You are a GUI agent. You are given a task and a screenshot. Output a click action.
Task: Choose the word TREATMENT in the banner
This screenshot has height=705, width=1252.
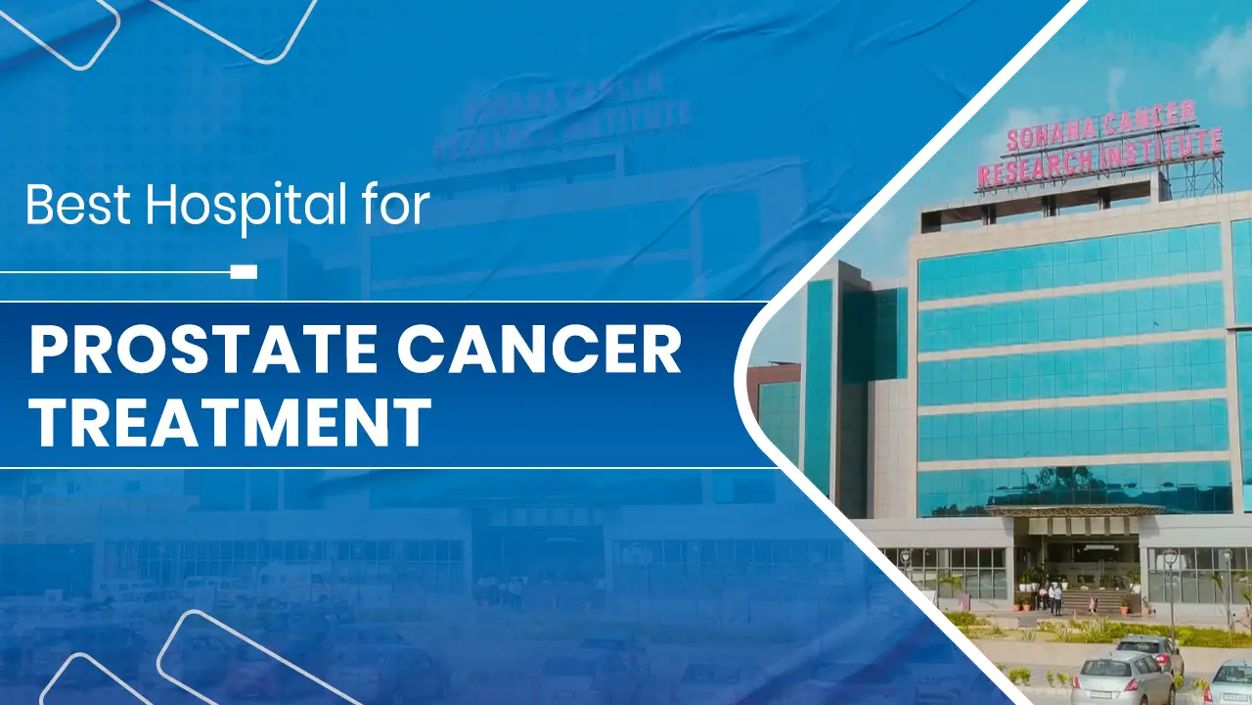pyautogui.click(x=230, y=421)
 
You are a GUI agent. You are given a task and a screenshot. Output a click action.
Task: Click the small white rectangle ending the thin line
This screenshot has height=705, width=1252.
pyautogui.click(x=244, y=271)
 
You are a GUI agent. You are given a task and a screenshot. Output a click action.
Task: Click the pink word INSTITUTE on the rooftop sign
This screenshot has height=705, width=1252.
pyautogui.click(x=1164, y=149)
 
